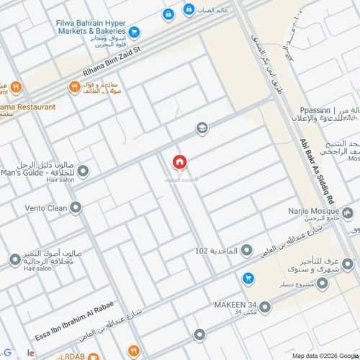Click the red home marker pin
point(179,163)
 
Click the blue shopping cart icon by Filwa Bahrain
point(135,32)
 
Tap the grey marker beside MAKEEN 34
point(265,307)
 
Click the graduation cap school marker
point(202,128)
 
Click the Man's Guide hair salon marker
point(84,171)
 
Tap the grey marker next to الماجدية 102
point(247,251)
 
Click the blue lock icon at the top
point(168,14)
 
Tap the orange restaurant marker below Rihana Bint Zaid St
point(74,87)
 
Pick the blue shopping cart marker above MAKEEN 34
point(248,277)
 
